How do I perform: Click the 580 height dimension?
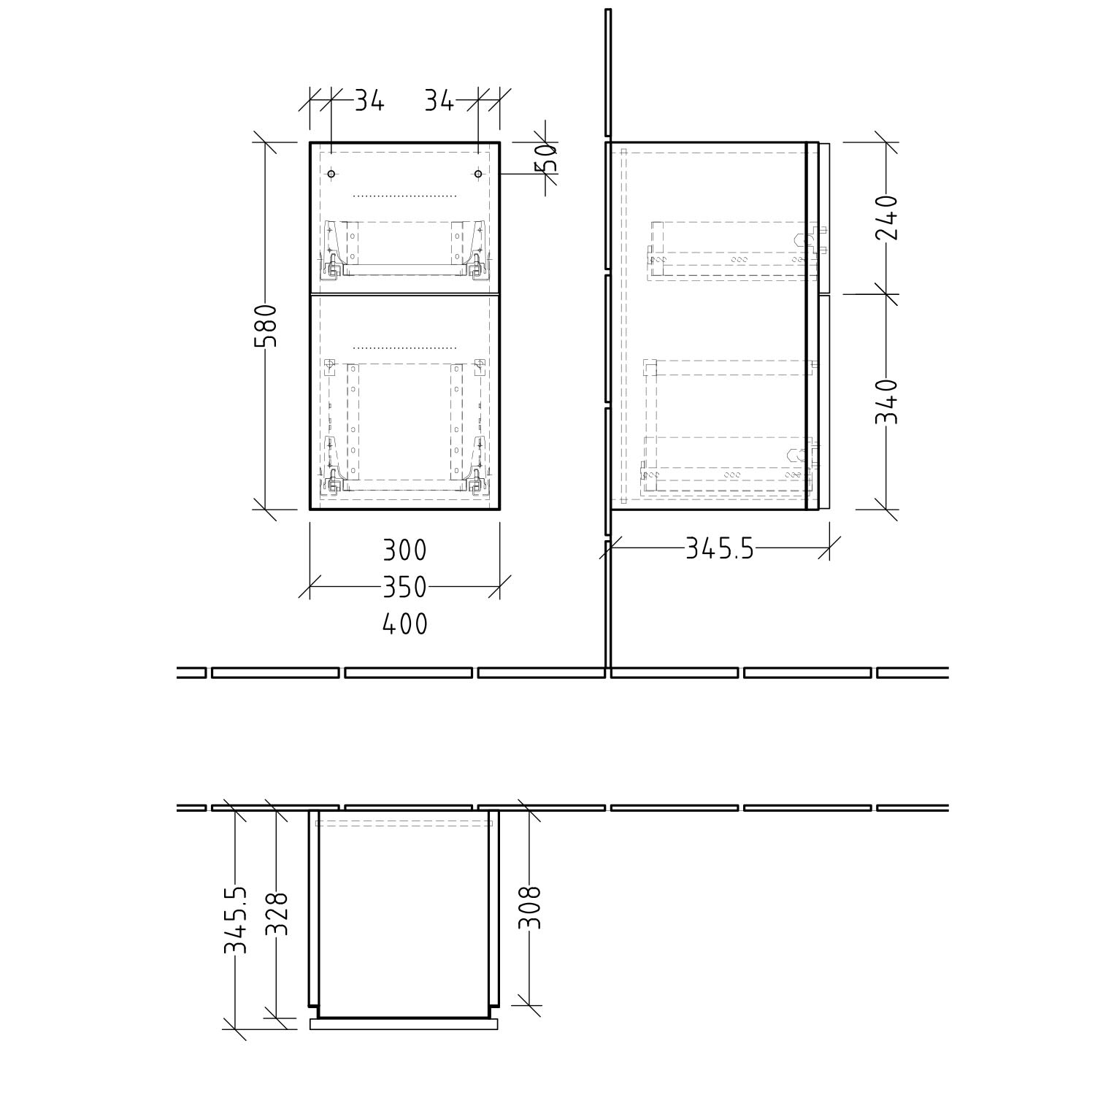(268, 326)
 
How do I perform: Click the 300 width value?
(404, 550)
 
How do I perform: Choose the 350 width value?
(404, 587)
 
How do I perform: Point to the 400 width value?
(404, 624)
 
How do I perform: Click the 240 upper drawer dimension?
(886, 218)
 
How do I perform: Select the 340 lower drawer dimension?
(886, 401)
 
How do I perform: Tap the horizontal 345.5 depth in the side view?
(719, 548)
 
